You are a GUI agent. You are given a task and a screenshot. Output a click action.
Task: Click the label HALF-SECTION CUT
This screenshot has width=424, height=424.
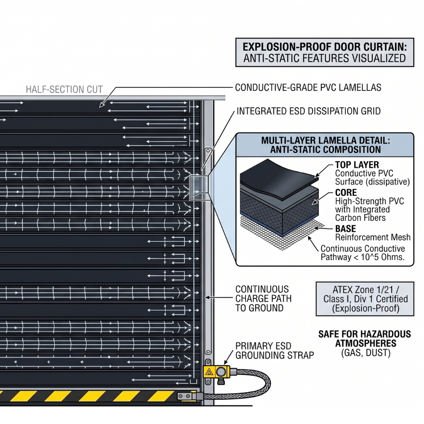pyautogui.click(x=65, y=89)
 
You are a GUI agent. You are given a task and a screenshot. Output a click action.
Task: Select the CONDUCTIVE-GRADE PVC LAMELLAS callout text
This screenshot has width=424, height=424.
pyautogui.click(x=308, y=88)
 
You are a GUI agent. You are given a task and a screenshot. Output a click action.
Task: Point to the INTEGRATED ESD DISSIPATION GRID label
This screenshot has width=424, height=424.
pyautogui.click(x=308, y=111)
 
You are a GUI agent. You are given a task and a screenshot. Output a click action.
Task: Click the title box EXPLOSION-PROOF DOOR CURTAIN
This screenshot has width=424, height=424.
pyautogui.click(x=324, y=52)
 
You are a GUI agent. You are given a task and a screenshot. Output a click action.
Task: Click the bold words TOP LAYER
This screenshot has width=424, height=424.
pyautogui.click(x=357, y=165)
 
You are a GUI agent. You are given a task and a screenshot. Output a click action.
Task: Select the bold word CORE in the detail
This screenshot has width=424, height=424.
pyautogui.click(x=345, y=193)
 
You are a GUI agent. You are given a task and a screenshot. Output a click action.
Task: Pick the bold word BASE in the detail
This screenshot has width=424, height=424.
pyautogui.click(x=345, y=229)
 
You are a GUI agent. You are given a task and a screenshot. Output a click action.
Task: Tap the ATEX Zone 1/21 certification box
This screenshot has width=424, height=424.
pyautogui.click(x=365, y=299)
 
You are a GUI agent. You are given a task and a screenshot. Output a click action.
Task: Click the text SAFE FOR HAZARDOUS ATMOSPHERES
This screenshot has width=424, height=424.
pyautogui.click(x=364, y=338)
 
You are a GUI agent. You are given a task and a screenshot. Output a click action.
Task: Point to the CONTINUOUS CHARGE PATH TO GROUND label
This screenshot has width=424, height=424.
pyautogui.click(x=262, y=298)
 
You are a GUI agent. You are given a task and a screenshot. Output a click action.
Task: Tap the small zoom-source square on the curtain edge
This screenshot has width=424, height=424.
pyautogui.click(x=198, y=188)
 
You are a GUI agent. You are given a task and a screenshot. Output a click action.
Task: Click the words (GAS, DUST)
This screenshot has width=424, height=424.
pyautogui.click(x=364, y=353)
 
